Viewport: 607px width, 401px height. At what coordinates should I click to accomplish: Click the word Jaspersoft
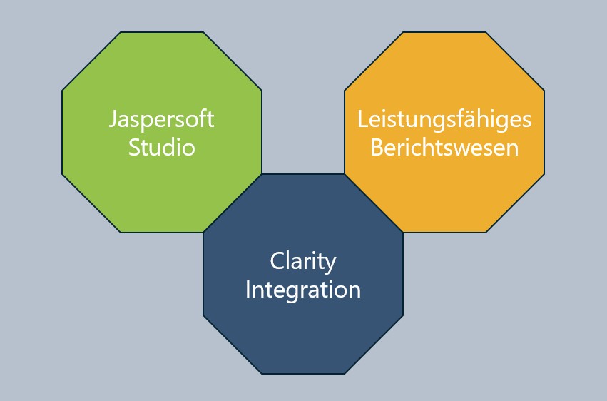click(x=161, y=119)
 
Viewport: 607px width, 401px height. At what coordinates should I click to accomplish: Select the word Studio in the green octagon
click(x=161, y=148)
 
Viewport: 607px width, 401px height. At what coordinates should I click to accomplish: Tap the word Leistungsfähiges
click(x=444, y=119)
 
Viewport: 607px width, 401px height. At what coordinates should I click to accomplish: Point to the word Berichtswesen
click(x=444, y=148)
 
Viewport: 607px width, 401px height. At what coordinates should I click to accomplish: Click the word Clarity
click(x=303, y=262)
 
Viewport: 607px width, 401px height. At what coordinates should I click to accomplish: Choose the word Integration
click(x=303, y=290)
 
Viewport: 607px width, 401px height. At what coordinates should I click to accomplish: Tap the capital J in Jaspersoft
click(x=113, y=119)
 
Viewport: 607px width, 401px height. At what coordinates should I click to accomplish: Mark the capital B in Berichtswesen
click(x=376, y=148)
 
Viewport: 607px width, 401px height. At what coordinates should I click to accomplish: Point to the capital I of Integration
click(x=248, y=290)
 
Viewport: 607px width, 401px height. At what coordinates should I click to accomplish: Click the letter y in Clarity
click(x=331, y=264)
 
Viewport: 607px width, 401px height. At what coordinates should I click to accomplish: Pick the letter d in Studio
click(x=173, y=148)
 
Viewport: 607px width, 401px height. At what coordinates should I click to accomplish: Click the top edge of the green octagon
click(x=161, y=32)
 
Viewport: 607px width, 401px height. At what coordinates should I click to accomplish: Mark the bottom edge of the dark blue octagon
click(x=303, y=373)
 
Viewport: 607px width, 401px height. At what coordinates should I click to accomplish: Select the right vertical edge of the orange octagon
click(x=544, y=132)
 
